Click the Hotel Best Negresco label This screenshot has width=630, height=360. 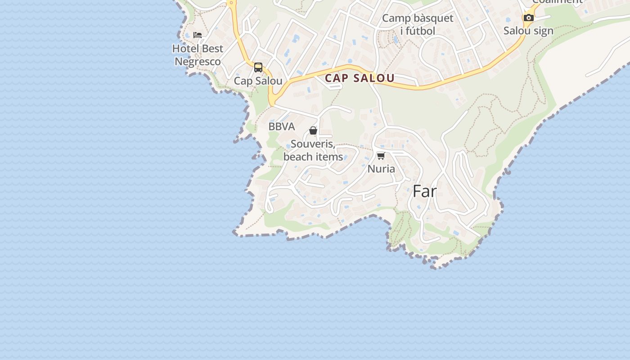pyautogui.click(x=198, y=55)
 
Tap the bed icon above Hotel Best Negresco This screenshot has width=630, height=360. pyautogui.click(x=198, y=35)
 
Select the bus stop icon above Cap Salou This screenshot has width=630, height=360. pyautogui.click(x=258, y=67)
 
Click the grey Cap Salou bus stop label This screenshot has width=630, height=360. pyautogui.click(x=258, y=81)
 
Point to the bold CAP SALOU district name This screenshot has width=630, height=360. pyautogui.click(x=360, y=78)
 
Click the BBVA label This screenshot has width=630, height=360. pyautogui.click(x=282, y=127)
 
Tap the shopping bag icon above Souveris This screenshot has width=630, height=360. pyautogui.click(x=313, y=130)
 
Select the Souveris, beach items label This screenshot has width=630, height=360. pyautogui.click(x=313, y=150)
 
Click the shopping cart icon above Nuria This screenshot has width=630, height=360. pyautogui.click(x=381, y=156)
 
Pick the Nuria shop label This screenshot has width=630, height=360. pyautogui.click(x=381, y=169)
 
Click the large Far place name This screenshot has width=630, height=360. pyautogui.click(x=424, y=191)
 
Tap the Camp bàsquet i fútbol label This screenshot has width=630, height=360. pyautogui.click(x=418, y=24)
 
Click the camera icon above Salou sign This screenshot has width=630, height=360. pyautogui.click(x=529, y=18)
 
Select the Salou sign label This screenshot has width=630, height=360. pyautogui.click(x=528, y=31)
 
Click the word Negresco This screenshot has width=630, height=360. pyautogui.click(x=198, y=62)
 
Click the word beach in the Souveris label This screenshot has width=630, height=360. pyautogui.click(x=297, y=157)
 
